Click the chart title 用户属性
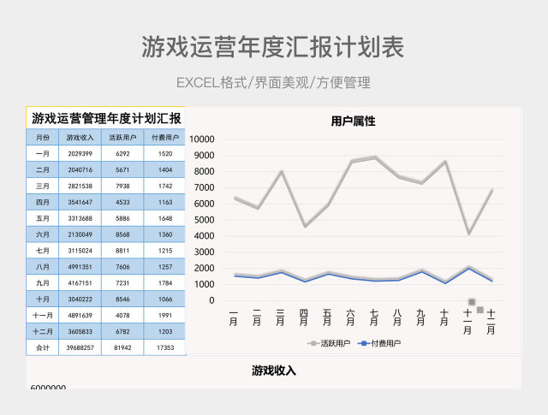point(353,122)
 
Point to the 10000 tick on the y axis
point(207,139)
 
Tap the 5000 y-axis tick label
point(209,220)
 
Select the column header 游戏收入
point(80,137)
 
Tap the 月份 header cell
point(43,137)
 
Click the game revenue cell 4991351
point(80,267)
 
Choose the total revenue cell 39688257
point(80,348)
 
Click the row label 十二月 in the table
point(43,332)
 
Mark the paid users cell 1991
point(164,316)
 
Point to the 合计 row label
point(43,348)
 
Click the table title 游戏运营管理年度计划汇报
point(106,118)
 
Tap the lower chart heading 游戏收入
point(274,371)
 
